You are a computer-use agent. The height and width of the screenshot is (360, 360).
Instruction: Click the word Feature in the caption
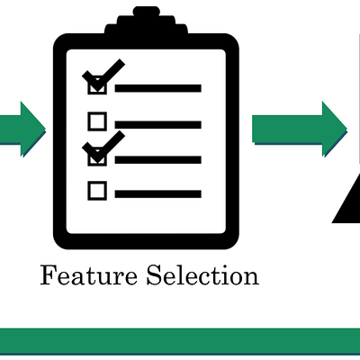(89, 275)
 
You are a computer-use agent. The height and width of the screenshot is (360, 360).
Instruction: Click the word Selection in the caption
(202, 274)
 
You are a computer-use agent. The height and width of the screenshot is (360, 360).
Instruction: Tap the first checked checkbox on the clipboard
(97, 85)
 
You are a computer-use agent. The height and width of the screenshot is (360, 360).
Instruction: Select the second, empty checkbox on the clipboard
(97, 121)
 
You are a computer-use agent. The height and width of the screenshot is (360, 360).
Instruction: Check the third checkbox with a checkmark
(97, 157)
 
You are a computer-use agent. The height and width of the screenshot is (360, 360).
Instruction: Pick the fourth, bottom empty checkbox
(97, 191)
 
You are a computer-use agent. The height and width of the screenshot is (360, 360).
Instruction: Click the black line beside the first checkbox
(157, 88)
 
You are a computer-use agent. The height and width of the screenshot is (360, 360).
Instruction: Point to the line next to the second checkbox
(157, 125)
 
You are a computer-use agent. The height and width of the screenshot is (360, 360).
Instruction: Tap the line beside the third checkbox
(157, 160)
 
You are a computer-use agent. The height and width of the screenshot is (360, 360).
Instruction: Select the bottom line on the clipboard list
(157, 193)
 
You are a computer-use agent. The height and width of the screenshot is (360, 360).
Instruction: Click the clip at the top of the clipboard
(146, 21)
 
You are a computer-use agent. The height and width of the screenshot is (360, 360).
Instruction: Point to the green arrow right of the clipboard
(300, 130)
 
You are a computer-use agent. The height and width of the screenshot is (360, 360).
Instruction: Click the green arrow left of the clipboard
(22, 130)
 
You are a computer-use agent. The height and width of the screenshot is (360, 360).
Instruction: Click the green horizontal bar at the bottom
(180, 341)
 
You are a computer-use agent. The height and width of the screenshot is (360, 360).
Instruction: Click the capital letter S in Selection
(154, 274)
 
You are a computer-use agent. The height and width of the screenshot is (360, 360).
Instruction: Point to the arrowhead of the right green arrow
(335, 130)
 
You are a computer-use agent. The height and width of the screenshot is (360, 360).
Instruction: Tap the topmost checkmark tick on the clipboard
(103, 75)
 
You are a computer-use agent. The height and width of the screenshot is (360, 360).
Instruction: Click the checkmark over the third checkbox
(103, 147)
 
